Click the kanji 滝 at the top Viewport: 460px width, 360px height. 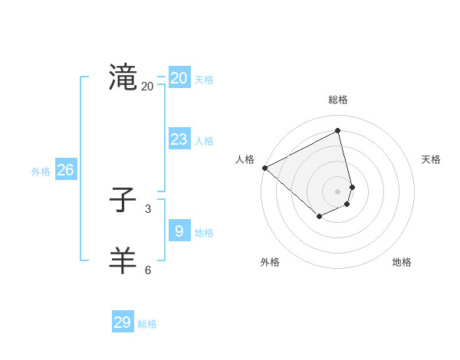123,77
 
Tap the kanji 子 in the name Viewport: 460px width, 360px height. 123,201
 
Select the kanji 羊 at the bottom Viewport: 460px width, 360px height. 123,261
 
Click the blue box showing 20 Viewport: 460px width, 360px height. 179,77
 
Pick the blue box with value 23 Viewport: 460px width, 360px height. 179,139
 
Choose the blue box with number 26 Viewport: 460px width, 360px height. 65,170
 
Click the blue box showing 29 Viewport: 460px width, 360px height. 123,322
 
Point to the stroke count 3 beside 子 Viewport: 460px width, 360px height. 147,208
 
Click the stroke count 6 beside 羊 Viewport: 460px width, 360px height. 147,270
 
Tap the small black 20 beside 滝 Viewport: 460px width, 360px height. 147,87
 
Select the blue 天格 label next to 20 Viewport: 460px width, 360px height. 204,80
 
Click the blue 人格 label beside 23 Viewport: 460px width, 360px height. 204,141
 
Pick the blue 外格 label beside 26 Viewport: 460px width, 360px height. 41,172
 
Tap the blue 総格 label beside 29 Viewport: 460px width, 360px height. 147,325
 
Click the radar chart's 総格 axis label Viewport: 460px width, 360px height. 338,100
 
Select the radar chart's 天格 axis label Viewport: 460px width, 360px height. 431,159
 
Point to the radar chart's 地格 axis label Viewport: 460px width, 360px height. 402,262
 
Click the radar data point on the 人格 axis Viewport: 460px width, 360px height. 264,168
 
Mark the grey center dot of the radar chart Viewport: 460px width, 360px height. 338,191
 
